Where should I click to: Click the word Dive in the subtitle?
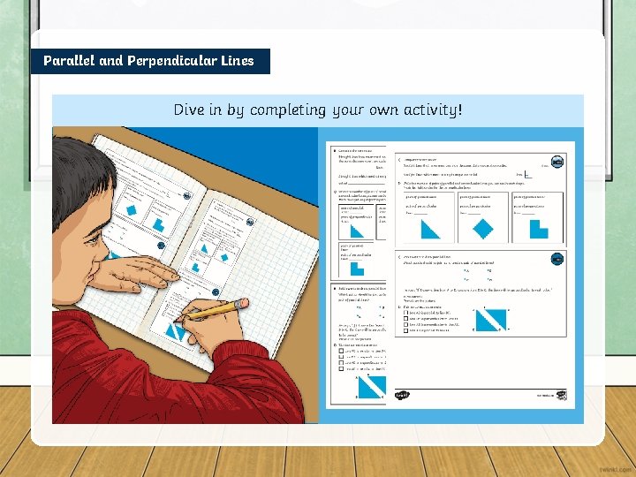point(190,110)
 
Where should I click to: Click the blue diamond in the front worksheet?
point(482,229)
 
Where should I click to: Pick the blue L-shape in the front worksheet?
point(538,229)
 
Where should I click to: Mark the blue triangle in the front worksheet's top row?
point(430,229)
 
